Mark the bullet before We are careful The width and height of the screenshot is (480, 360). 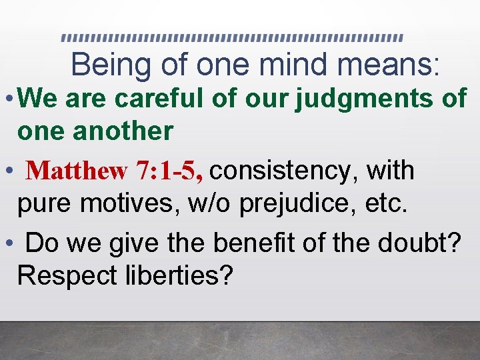[x=7, y=99]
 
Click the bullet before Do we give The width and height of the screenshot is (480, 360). [x=7, y=243]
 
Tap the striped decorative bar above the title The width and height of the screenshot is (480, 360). [x=232, y=37]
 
